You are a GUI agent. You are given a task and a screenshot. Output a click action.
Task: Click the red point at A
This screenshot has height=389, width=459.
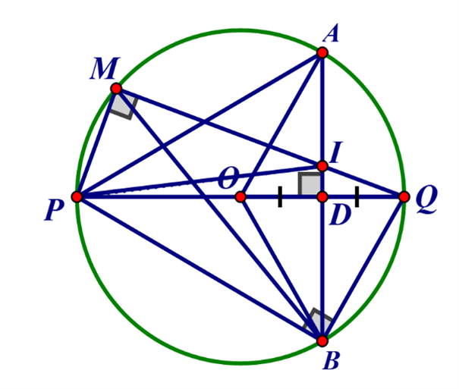tap(322, 52)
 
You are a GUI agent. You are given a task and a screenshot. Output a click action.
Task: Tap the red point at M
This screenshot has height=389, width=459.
tap(116, 88)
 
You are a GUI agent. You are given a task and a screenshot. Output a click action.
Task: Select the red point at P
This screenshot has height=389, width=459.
tap(77, 197)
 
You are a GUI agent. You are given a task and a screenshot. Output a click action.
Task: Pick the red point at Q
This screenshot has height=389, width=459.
tap(404, 197)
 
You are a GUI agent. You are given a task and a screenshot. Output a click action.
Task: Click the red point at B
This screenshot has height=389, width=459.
tap(322, 340)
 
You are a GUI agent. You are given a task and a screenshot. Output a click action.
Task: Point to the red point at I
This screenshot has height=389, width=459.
tap(322, 166)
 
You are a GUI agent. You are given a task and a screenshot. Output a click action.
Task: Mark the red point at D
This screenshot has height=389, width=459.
tap(322, 197)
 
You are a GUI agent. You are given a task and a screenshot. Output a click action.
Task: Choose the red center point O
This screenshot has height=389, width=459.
tap(241, 197)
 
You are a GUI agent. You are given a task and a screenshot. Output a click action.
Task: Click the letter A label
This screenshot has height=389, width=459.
tap(331, 33)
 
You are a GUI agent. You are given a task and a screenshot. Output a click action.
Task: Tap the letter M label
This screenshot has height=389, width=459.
tap(105, 68)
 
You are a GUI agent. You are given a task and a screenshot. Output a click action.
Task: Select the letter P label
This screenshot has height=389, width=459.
tap(54, 211)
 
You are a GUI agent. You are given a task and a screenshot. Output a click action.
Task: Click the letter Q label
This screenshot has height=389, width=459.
tap(426, 199)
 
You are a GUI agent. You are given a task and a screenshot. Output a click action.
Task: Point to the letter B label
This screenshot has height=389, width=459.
tap(332, 361)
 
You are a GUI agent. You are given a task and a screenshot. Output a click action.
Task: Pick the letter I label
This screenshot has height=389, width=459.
tap(336, 152)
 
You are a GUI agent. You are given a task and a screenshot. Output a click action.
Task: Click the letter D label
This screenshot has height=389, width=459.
tap(340, 215)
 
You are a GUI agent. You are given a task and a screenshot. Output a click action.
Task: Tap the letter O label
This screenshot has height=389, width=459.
tap(228, 178)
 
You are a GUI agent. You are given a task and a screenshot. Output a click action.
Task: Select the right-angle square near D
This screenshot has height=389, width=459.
tap(310, 184)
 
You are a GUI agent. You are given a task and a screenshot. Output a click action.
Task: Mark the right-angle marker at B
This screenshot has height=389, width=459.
tap(317, 322)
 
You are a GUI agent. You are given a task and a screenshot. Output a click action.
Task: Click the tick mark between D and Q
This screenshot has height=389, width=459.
tap(357, 197)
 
